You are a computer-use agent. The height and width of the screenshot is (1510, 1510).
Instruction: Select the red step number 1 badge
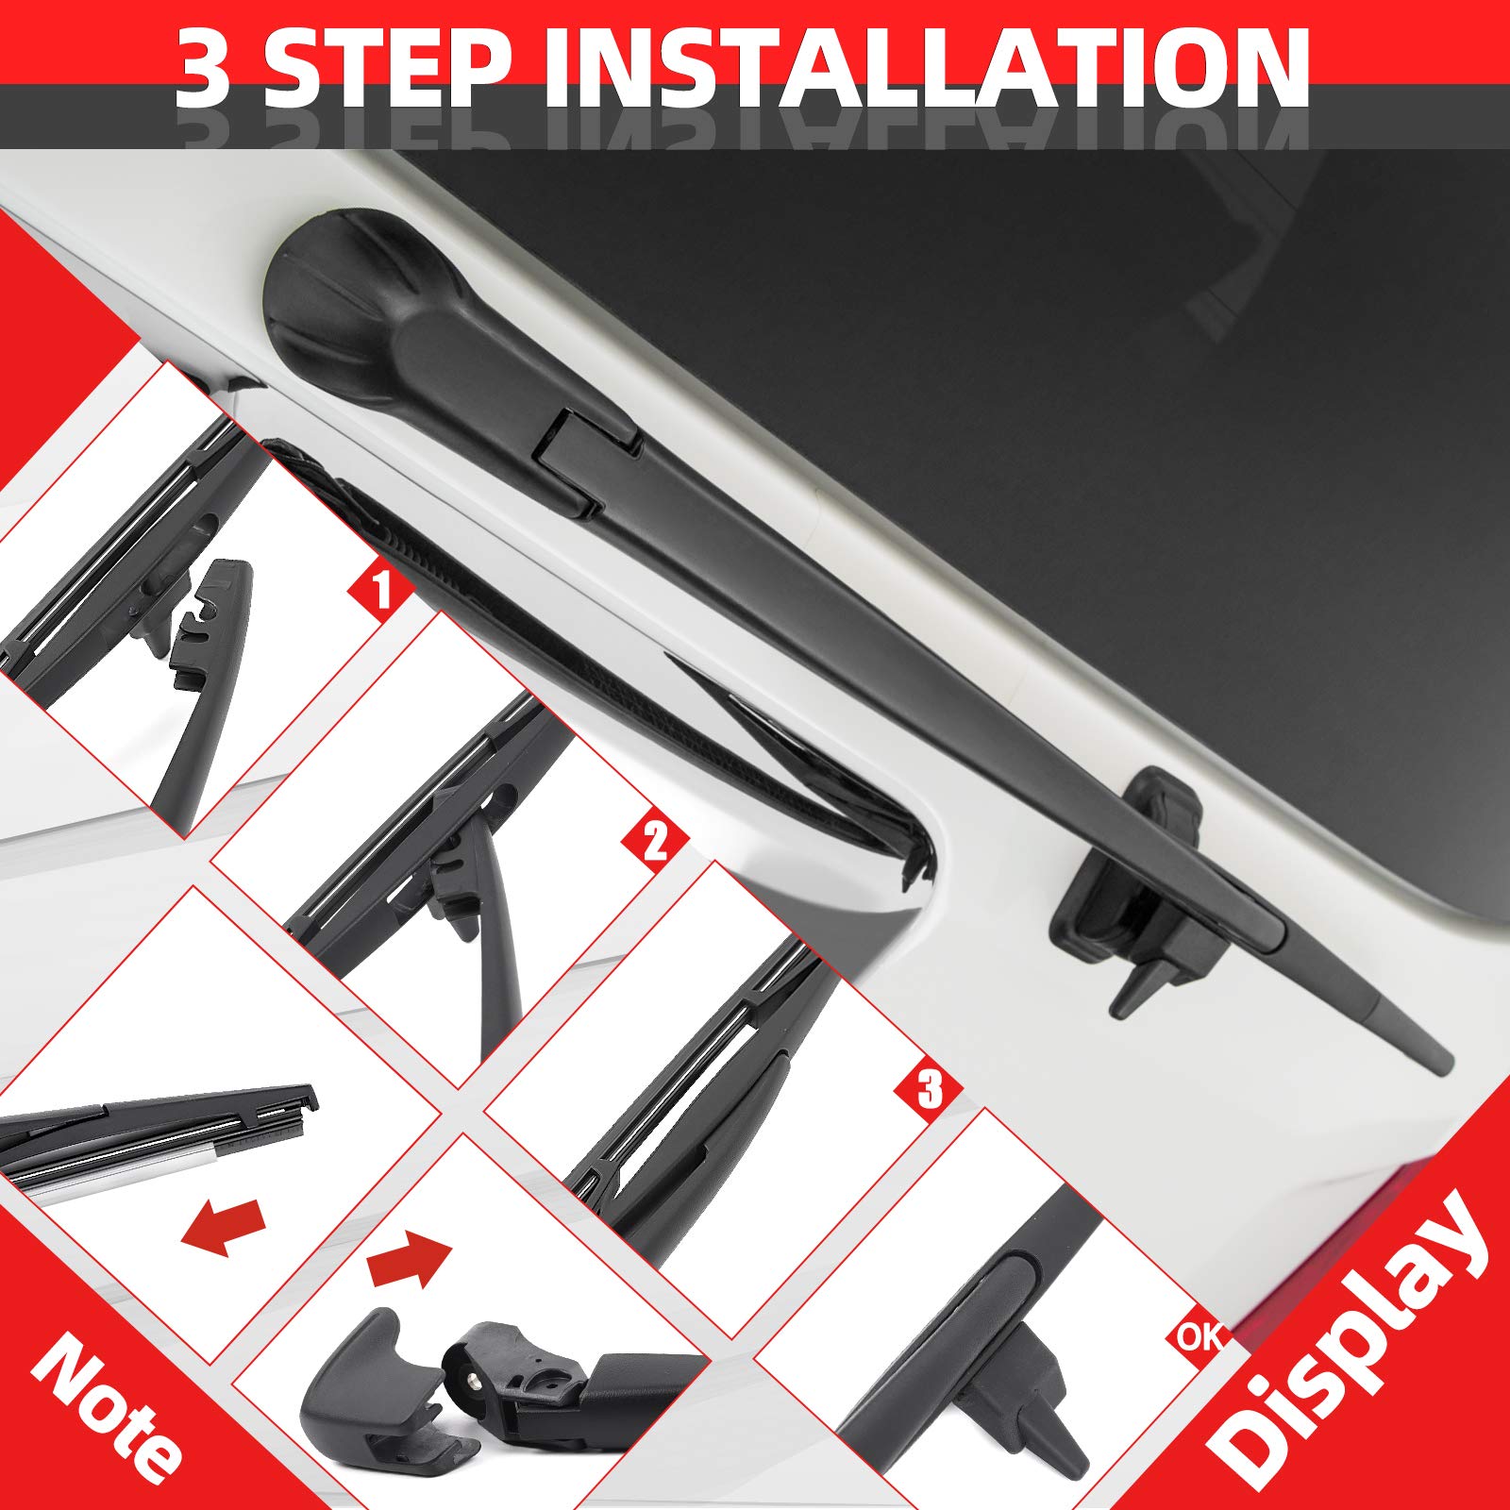(x=381, y=591)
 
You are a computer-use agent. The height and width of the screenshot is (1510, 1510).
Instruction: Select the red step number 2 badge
(x=654, y=840)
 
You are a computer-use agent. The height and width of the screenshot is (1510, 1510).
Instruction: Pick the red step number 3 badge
(x=930, y=1090)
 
